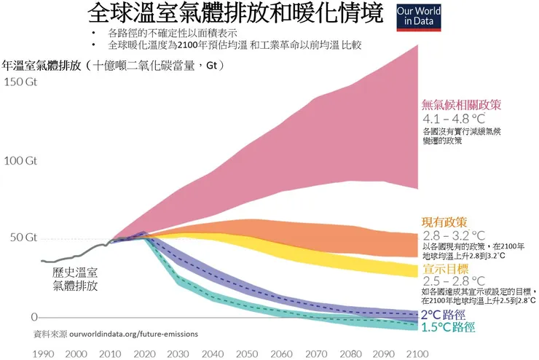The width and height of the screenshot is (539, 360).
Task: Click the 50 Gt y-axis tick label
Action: pos(22,238)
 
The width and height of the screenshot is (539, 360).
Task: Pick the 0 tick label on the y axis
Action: pos(34,317)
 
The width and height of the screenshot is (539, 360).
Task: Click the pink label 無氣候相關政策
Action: pos(461,104)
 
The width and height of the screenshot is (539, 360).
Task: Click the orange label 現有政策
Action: pos(444,221)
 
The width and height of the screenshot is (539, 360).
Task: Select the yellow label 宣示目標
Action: pos(444,270)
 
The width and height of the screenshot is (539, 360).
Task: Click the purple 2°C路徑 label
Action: pos(445,315)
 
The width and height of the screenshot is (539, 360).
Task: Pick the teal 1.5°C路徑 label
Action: pos(448,327)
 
